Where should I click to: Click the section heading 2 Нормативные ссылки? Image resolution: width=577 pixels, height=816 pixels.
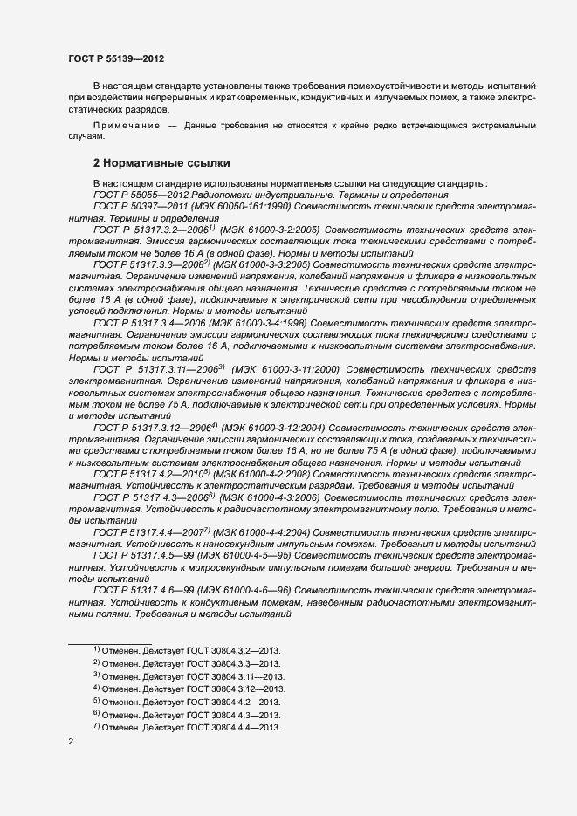tap(161, 162)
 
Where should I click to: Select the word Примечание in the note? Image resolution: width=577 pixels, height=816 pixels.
tap(127, 127)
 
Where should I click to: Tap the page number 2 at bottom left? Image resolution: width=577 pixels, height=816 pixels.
tap(71, 741)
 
